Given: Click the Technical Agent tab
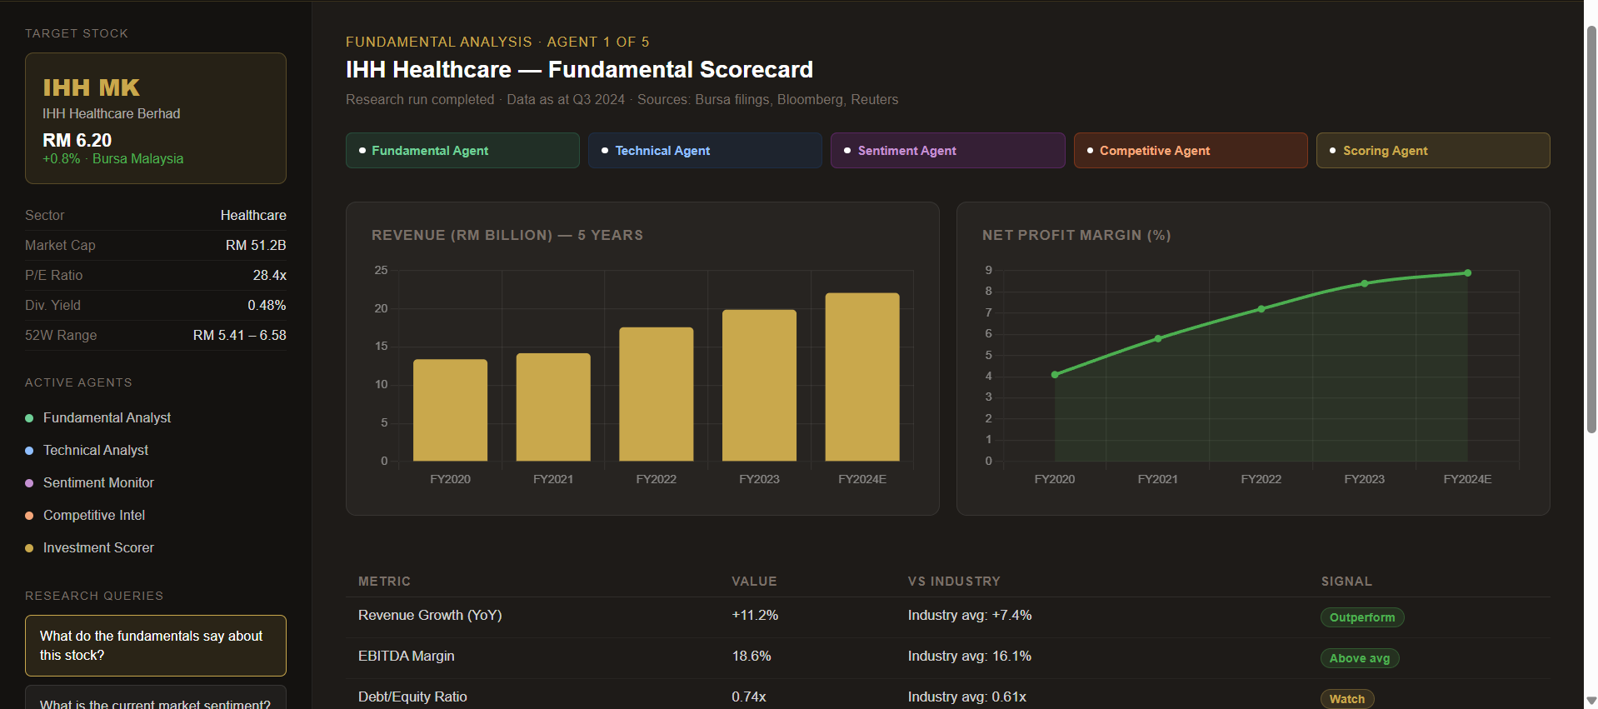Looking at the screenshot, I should point(704,151).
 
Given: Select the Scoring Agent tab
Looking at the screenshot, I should point(1432,151).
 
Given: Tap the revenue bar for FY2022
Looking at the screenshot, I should point(656,394).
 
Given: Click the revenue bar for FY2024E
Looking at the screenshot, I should point(861,377).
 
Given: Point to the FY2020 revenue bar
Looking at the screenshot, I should point(450,410).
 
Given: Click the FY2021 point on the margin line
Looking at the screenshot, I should point(1158,338).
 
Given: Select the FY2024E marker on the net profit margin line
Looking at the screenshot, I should point(1467,273).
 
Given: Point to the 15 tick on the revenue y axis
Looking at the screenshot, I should point(381,346).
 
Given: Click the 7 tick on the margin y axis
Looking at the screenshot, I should point(989,312).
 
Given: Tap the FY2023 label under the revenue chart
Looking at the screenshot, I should point(759,479).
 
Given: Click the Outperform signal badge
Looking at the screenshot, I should point(1362,617).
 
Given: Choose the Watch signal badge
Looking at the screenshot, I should point(1346,698).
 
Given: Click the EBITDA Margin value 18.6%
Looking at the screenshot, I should point(752,656).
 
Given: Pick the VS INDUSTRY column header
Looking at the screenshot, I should point(954,581).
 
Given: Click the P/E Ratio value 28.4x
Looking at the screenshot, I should point(269,275).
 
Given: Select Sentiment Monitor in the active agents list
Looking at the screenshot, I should point(98,482).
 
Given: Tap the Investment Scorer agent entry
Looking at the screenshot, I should point(98,547).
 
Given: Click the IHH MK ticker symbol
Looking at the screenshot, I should point(92,87).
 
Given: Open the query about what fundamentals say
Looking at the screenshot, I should point(155,646).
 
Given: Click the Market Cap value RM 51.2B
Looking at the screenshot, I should point(256,245).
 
